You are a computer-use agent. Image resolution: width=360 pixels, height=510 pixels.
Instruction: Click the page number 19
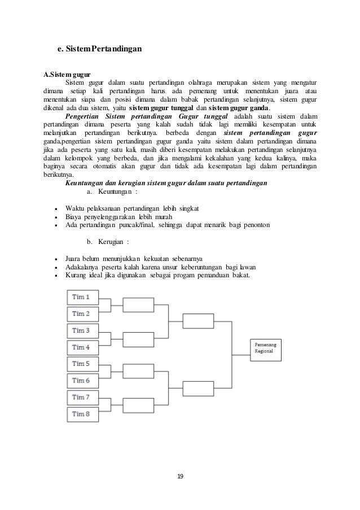pyautogui.click(x=180, y=477)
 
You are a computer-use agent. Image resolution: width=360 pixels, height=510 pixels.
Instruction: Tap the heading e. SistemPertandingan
pyautogui.click(x=99, y=49)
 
